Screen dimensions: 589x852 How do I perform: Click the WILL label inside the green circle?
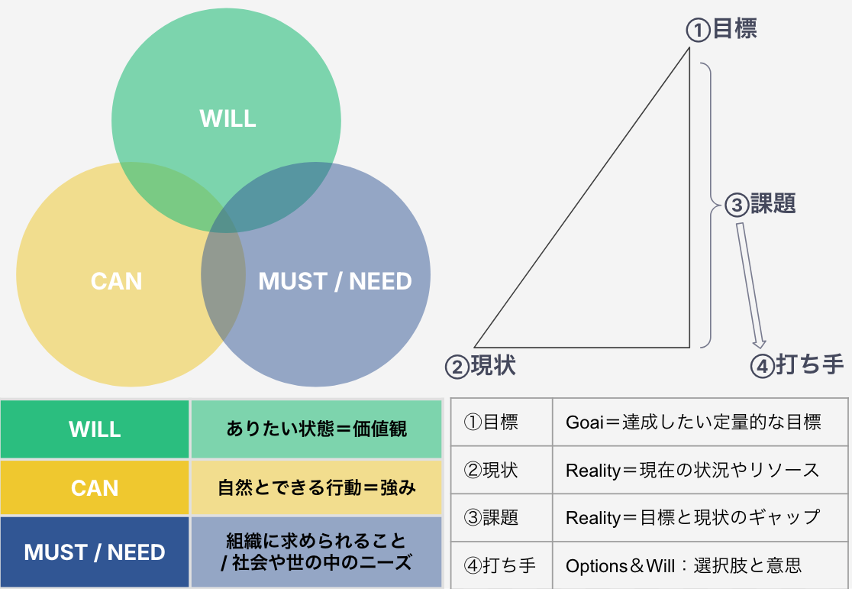point(228,118)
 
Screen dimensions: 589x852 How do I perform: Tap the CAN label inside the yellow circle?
point(116,280)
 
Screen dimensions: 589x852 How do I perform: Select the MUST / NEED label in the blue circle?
point(335,281)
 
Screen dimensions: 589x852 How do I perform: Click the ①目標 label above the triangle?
point(721,30)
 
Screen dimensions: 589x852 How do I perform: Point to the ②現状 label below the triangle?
point(480,365)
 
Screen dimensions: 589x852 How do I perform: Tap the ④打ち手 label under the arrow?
point(797,365)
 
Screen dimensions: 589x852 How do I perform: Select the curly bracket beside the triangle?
point(709,205)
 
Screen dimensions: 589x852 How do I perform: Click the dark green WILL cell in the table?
point(95,429)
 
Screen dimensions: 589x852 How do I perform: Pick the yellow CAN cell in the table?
point(95,487)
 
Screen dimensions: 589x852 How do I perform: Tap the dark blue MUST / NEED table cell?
point(95,552)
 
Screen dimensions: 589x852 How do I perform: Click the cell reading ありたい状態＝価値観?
point(317,429)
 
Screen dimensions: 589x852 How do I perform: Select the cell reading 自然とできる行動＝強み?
point(317,487)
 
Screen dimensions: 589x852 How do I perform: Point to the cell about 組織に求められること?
point(317,552)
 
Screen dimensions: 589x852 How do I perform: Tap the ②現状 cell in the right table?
point(501,470)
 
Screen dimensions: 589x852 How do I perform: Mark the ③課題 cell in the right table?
point(501,518)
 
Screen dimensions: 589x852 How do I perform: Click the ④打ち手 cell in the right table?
point(501,566)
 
